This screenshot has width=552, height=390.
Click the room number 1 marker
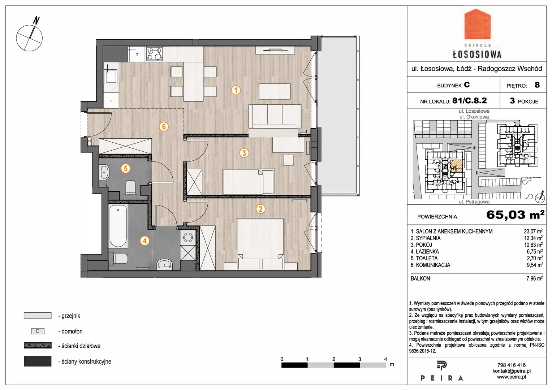pyautogui.click(x=236, y=90)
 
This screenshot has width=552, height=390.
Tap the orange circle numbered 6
pyautogui.click(x=164, y=127)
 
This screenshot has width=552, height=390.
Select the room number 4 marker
pyautogui.click(x=145, y=241)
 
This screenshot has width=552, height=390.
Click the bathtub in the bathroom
pyautogui.click(x=118, y=226)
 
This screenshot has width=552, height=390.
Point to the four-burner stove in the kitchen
pyautogui.click(x=155, y=54)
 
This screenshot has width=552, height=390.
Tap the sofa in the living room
pyautogui.click(x=275, y=116)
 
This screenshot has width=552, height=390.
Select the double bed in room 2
pyautogui.click(x=260, y=244)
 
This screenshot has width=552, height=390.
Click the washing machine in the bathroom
pyautogui.click(x=188, y=238)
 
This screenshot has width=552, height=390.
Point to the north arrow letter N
pyautogui.click(x=36, y=21)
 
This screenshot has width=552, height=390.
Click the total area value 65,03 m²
pyautogui.click(x=515, y=215)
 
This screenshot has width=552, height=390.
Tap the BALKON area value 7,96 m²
pyautogui.click(x=535, y=278)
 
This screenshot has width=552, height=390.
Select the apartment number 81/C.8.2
pyautogui.click(x=469, y=100)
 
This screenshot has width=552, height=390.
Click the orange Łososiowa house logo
pyautogui.click(x=477, y=24)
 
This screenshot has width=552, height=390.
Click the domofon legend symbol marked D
pyautogui.click(x=38, y=331)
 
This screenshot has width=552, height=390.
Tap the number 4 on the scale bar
pyautogui.click(x=385, y=359)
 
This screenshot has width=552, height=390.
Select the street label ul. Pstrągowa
pyautogui.click(x=474, y=202)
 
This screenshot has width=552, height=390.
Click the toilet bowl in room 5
pyautogui.click(x=130, y=188)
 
